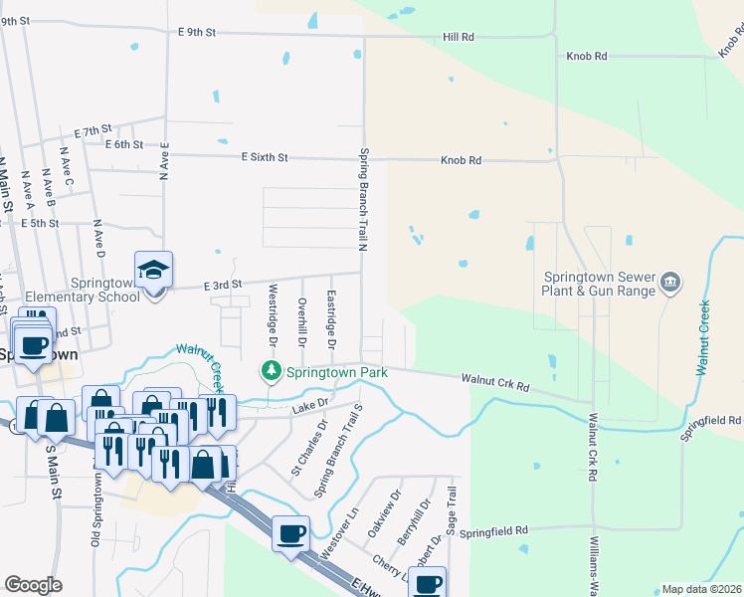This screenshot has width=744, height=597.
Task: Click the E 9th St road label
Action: point(197,32)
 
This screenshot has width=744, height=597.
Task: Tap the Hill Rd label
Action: point(459,37)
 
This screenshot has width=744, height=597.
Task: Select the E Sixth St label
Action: point(264,157)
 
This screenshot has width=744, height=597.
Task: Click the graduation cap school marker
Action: point(154,270)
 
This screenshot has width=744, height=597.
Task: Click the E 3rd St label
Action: point(223,286)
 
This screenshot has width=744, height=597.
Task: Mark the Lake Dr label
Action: point(309,408)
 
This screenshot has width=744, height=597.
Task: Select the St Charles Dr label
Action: point(308,449)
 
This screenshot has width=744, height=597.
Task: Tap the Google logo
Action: point(33,585)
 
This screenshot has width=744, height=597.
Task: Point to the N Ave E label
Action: point(164,158)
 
